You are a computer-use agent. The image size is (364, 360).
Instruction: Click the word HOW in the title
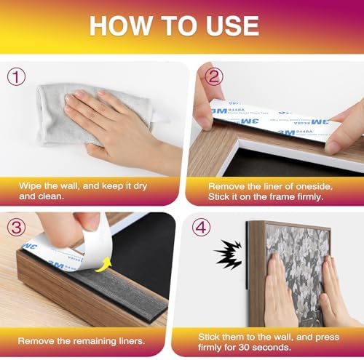120,25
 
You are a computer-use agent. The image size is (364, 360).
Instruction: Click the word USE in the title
232,25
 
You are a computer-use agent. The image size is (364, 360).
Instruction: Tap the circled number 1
16,76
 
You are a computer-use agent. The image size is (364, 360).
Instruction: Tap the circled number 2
214,76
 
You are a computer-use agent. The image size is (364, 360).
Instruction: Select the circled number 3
16,227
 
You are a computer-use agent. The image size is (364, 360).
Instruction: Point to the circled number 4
201,227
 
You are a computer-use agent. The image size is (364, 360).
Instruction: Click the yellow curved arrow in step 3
103,265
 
